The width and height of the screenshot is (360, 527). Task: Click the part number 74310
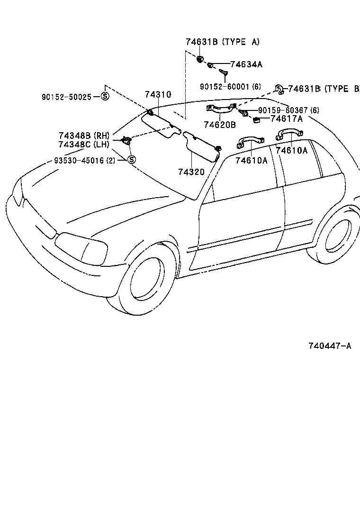(158, 95)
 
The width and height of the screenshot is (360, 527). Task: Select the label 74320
(191, 172)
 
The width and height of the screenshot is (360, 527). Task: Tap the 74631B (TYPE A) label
(222, 42)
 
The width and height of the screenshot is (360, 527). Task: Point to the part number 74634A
(246, 64)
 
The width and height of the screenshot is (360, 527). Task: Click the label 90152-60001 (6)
(230, 87)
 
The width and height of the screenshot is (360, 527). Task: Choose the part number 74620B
(219, 125)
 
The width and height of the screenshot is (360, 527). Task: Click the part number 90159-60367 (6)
(288, 110)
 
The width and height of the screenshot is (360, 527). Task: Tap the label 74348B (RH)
(84, 136)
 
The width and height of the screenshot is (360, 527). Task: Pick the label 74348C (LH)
(84, 144)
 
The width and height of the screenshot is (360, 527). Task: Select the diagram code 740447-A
(330, 346)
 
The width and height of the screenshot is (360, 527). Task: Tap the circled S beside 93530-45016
(132, 160)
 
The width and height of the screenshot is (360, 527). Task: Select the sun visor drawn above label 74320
(201, 146)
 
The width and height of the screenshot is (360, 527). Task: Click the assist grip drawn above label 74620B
(220, 109)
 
